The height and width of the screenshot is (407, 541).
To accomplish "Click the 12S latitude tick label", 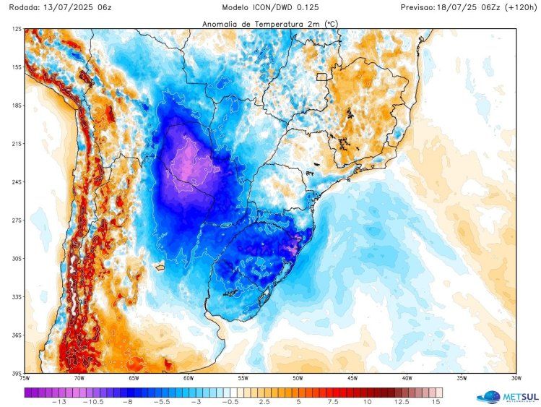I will click(x=16, y=29).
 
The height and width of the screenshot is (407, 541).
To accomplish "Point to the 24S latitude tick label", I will click(x=16, y=181).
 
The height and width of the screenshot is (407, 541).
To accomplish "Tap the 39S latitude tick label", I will click(x=16, y=373).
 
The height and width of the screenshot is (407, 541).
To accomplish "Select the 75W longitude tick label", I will click(x=25, y=378).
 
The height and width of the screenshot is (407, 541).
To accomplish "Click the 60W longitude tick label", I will click(x=188, y=378).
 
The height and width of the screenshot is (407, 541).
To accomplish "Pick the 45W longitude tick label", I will click(x=352, y=378).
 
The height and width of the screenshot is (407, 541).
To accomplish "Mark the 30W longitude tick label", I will click(x=516, y=378).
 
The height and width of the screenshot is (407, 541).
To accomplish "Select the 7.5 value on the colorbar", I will click(x=332, y=401).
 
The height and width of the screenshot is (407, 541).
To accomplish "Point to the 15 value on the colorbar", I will click(x=436, y=401).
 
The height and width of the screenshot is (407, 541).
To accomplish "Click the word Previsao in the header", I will click(x=420, y=7).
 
